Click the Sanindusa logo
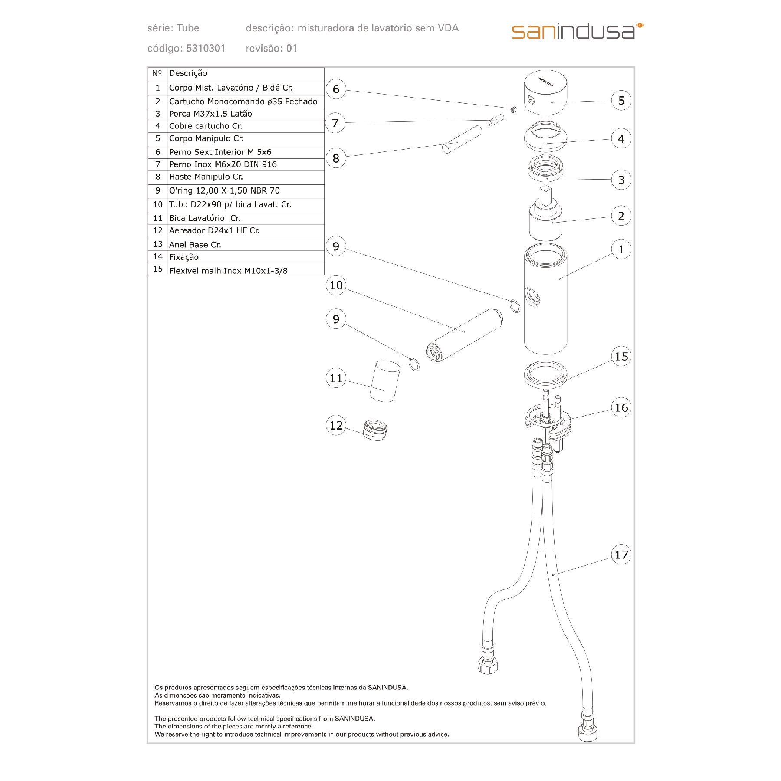tap(578, 31)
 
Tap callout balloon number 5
tap(621, 100)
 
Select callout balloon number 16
tap(621, 407)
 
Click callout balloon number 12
tap(336, 425)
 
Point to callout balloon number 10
tap(336, 285)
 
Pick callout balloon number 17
tap(621, 555)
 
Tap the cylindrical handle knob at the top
tap(545, 93)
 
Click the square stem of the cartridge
tap(545, 195)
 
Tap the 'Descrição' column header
tap(188, 73)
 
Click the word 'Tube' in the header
tap(188, 28)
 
